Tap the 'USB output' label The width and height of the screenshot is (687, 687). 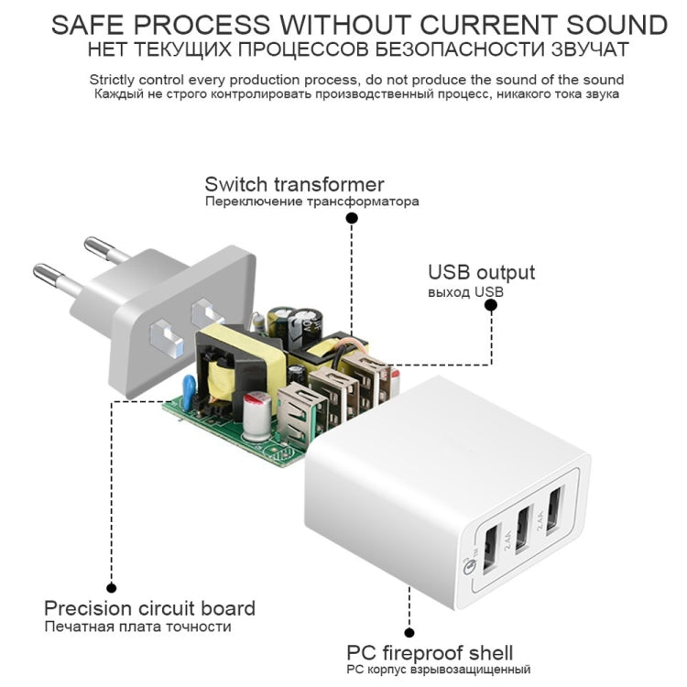[x=481, y=272]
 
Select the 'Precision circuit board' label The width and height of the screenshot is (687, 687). [x=149, y=607]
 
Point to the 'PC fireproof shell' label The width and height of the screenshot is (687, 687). [x=430, y=653]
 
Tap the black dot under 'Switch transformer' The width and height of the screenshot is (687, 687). [x=352, y=218]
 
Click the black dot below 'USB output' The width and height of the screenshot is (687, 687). [x=491, y=308]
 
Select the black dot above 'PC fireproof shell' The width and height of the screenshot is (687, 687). [x=409, y=632]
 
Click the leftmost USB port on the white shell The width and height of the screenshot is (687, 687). [x=489, y=550]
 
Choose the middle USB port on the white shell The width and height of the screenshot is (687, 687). [x=523, y=529]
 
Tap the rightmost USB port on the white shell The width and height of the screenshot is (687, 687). [x=554, y=508]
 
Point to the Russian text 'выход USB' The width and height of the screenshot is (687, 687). [x=465, y=292]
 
